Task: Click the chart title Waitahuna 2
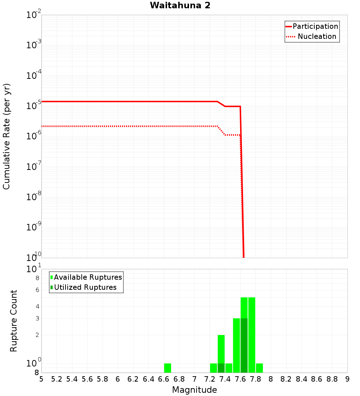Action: pos(180,6)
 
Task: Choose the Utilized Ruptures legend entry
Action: pos(85,287)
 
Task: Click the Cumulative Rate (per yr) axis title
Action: pos(7,136)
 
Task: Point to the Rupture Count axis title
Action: pos(14,321)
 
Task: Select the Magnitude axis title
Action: pos(194,390)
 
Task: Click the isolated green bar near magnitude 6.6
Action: pos(167,368)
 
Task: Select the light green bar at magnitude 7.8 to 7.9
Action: pos(259,368)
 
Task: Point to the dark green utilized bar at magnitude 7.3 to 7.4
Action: pos(221,368)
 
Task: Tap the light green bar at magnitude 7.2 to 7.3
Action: pos(213,368)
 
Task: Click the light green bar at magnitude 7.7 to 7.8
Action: pos(252,335)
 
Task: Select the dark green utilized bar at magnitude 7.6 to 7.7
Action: pos(244,346)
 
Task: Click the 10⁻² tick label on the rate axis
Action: pos(34,15)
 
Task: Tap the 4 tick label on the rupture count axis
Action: pos(37,307)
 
